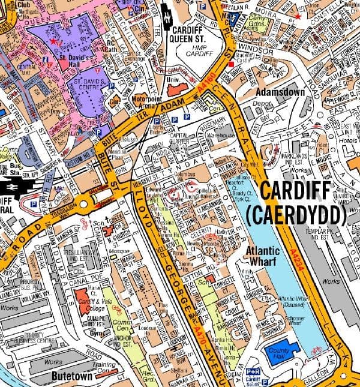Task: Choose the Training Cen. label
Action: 103,367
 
